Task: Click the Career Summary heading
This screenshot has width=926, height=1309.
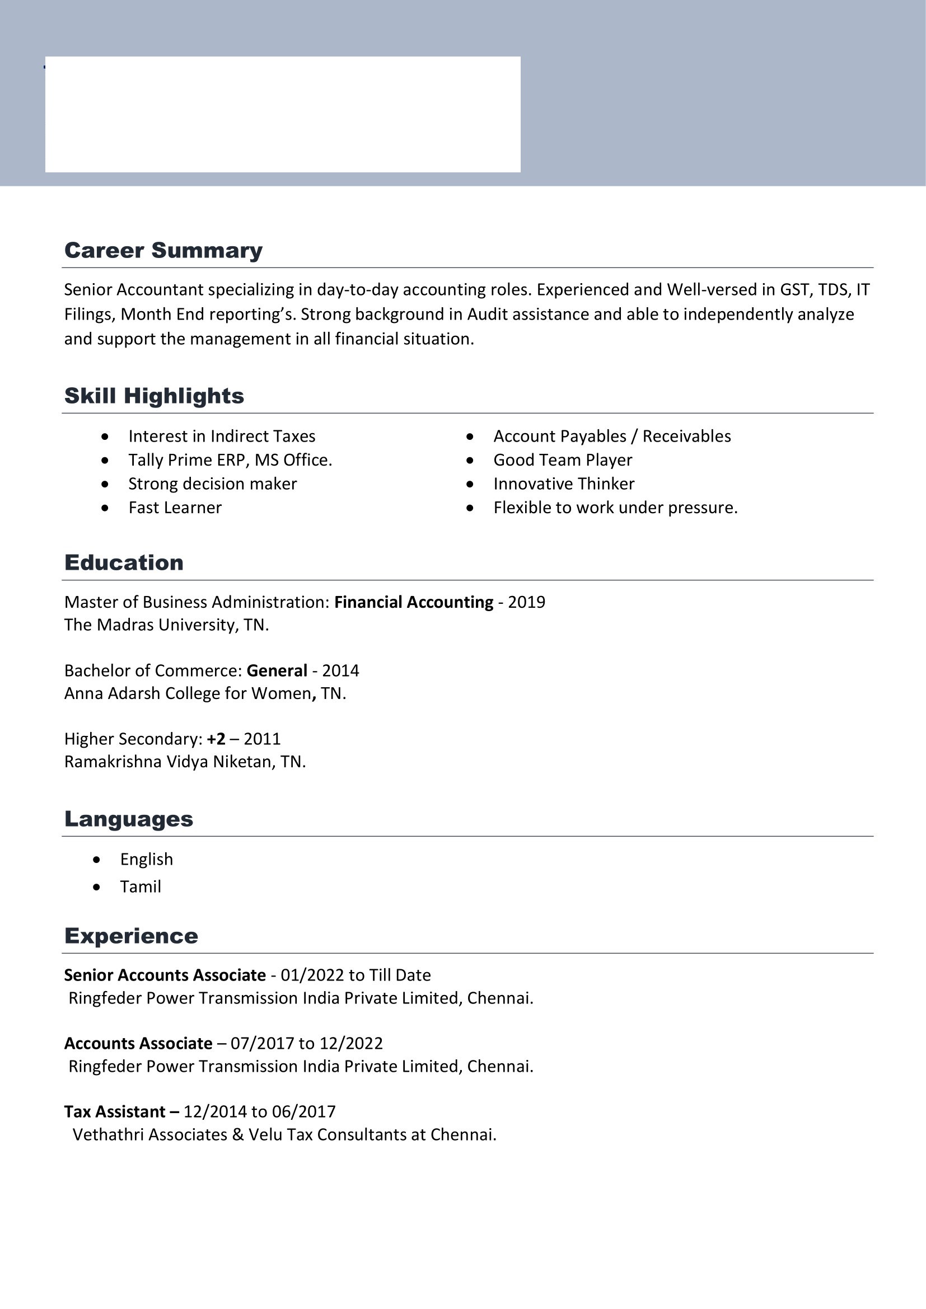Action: [x=163, y=250]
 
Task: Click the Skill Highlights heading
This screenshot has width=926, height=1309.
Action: [x=154, y=396]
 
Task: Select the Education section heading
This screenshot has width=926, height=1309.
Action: [x=124, y=562]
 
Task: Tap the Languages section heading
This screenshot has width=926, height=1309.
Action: [x=128, y=819]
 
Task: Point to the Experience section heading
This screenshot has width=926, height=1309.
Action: [x=131, y=936]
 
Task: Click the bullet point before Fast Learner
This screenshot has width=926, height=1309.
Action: [x=105, y=508]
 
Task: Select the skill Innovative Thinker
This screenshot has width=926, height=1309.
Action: [x=563, y=484]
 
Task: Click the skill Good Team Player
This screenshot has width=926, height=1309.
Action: [x=562, y=460]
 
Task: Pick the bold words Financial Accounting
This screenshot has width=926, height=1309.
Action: [x=413, y=602]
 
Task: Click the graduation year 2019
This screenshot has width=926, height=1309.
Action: [x=526, y=602]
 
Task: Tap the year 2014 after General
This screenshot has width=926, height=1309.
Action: [x=340, y=670]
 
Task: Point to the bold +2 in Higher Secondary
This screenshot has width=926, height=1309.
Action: [x=216, y=739]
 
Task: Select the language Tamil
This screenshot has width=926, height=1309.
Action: [x=141, y=886]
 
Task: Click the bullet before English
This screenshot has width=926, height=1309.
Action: [x=97, y=860]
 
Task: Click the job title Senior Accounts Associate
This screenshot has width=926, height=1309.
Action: [x=165, y=975]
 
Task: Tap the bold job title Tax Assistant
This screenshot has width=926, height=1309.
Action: [x=115, y=1112]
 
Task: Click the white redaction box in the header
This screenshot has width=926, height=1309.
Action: [x=282, y=114]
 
